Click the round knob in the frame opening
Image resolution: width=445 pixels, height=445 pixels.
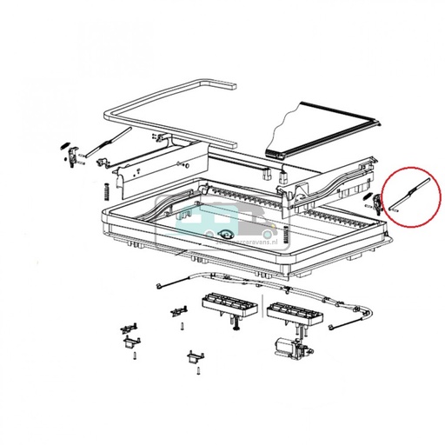point(227,233)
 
